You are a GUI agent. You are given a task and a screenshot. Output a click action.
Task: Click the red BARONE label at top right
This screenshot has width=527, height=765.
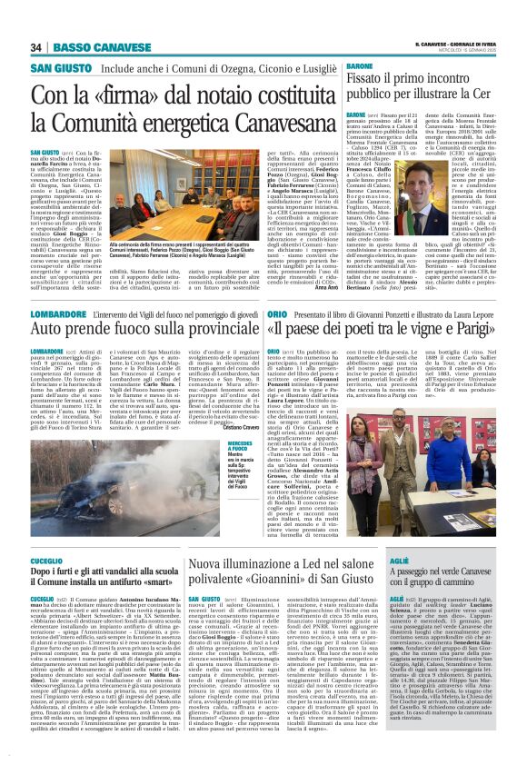pos(360,67)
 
